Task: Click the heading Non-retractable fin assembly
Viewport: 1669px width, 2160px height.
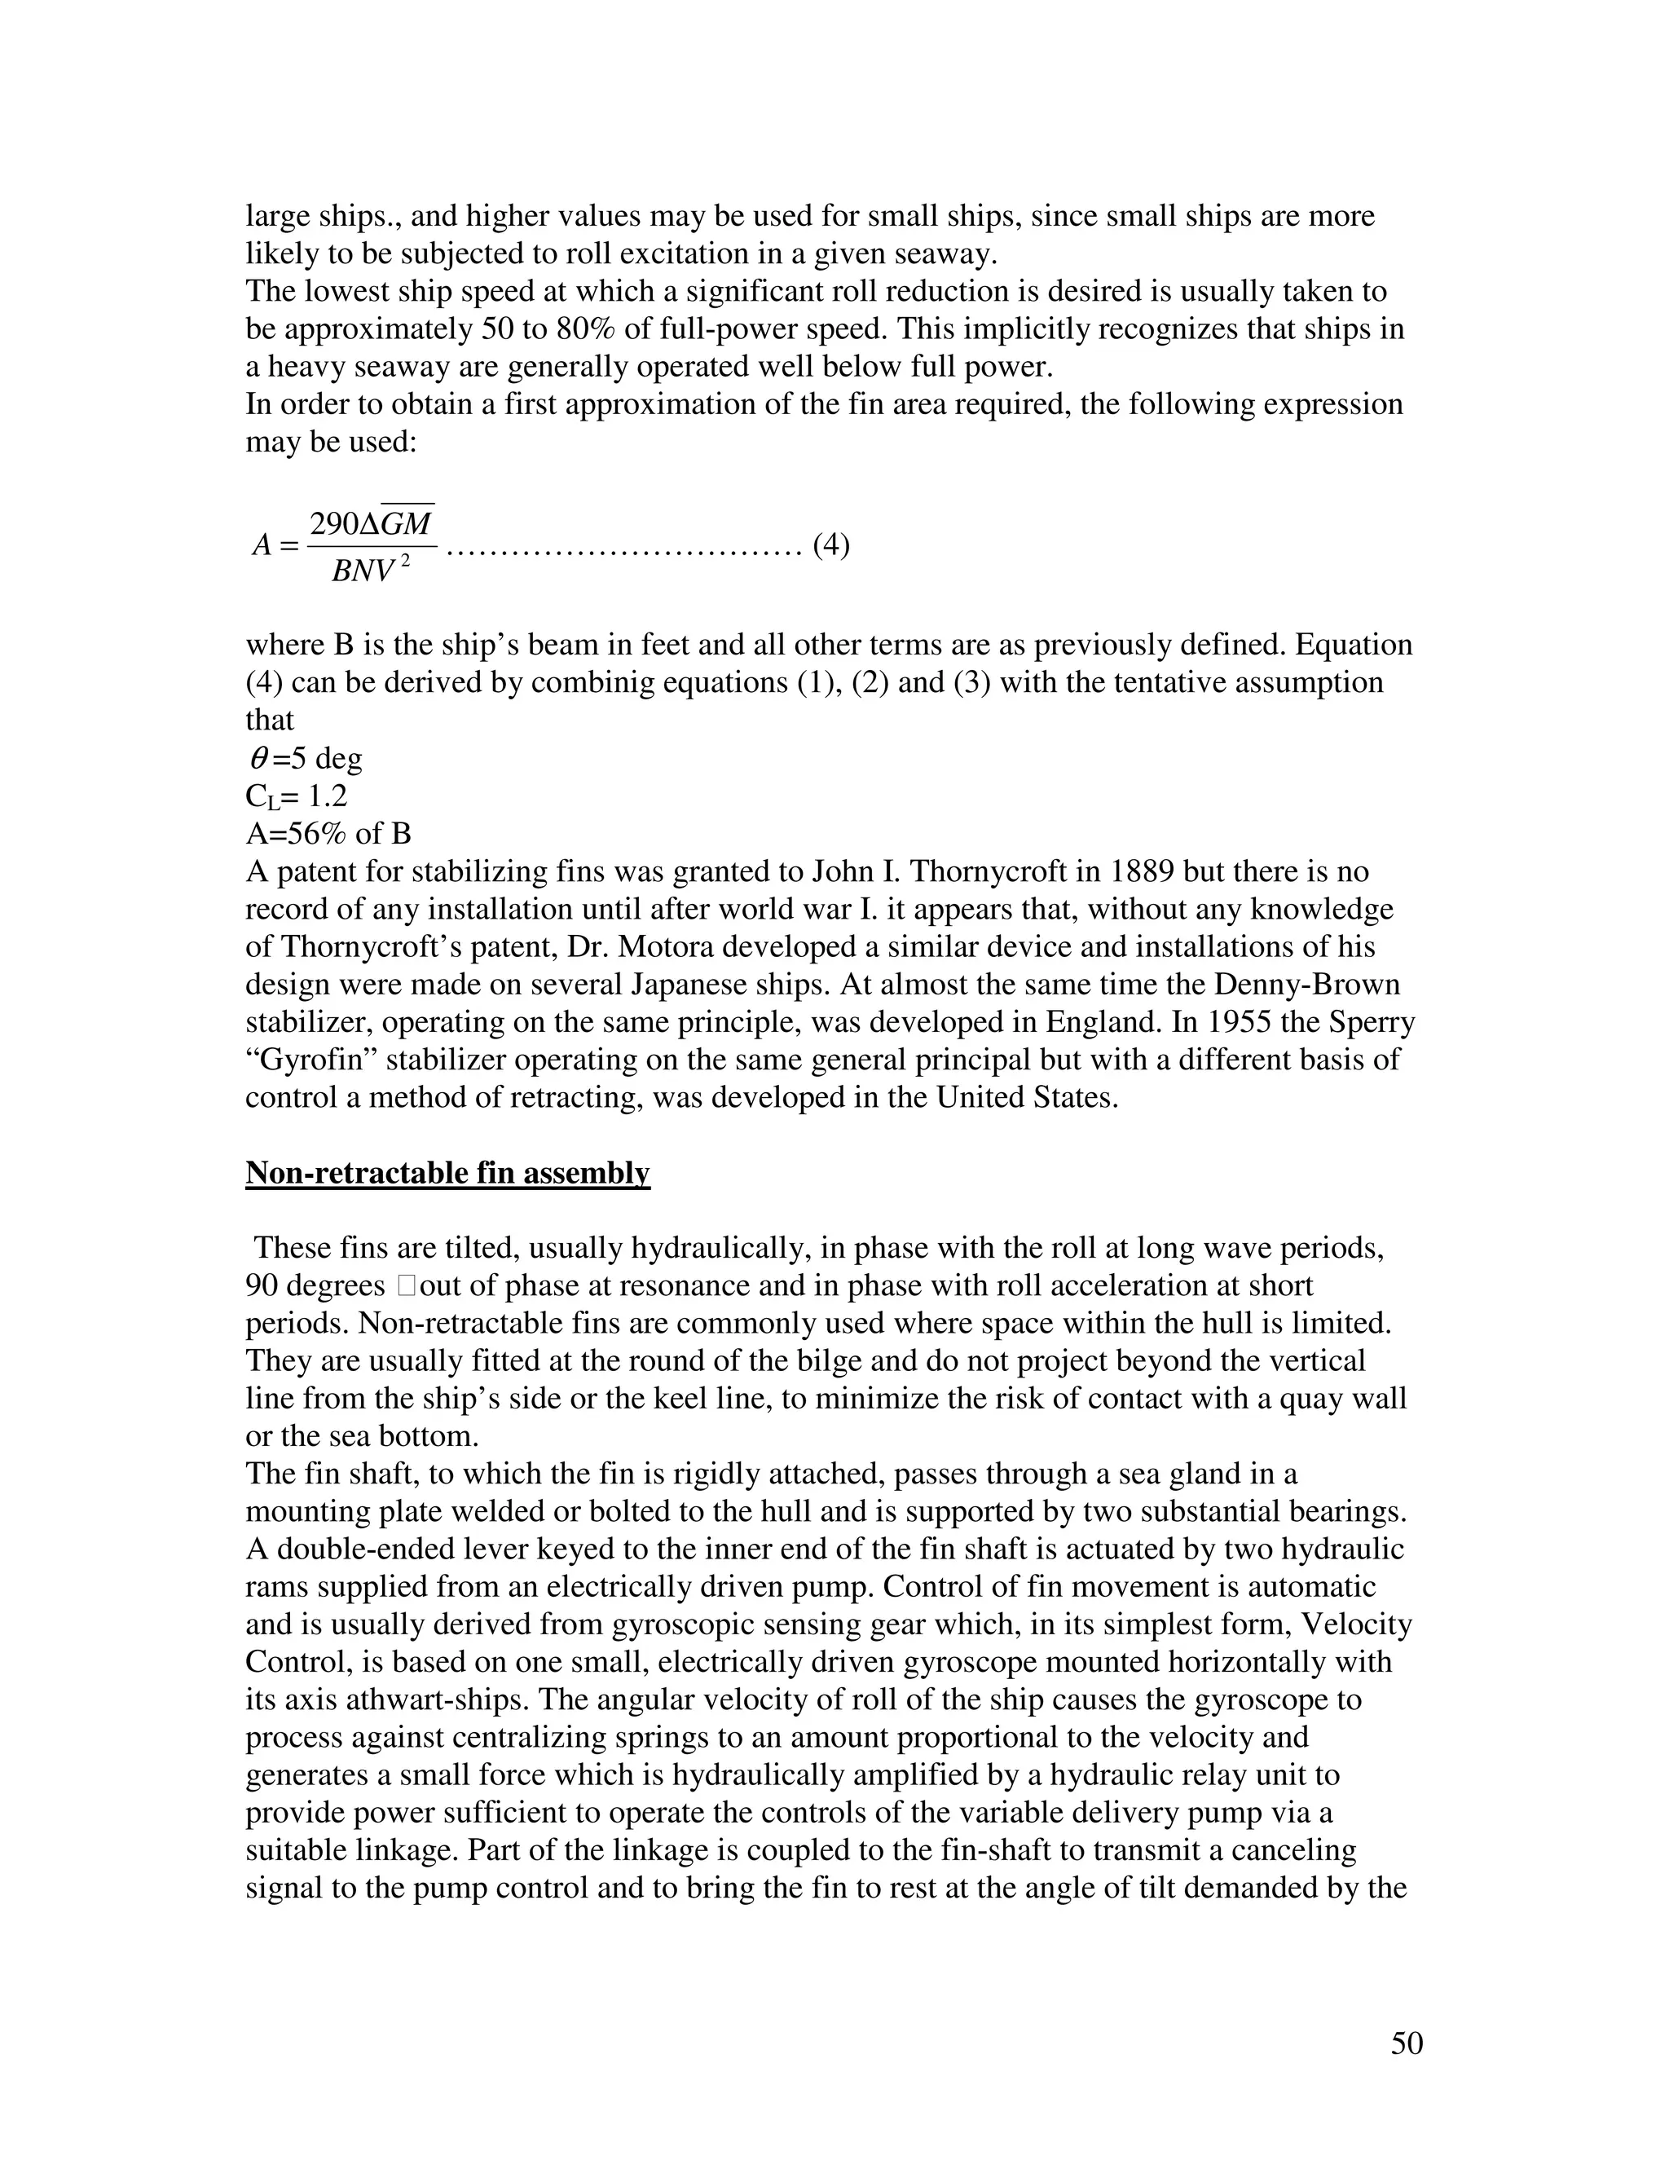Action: [x=447, y=1173]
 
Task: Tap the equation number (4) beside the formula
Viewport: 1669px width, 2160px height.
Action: [x=830, y=545]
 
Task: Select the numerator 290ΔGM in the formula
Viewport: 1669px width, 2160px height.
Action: [x=371, y=523]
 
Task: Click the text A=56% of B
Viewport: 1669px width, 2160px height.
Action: [x=328, y=834]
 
